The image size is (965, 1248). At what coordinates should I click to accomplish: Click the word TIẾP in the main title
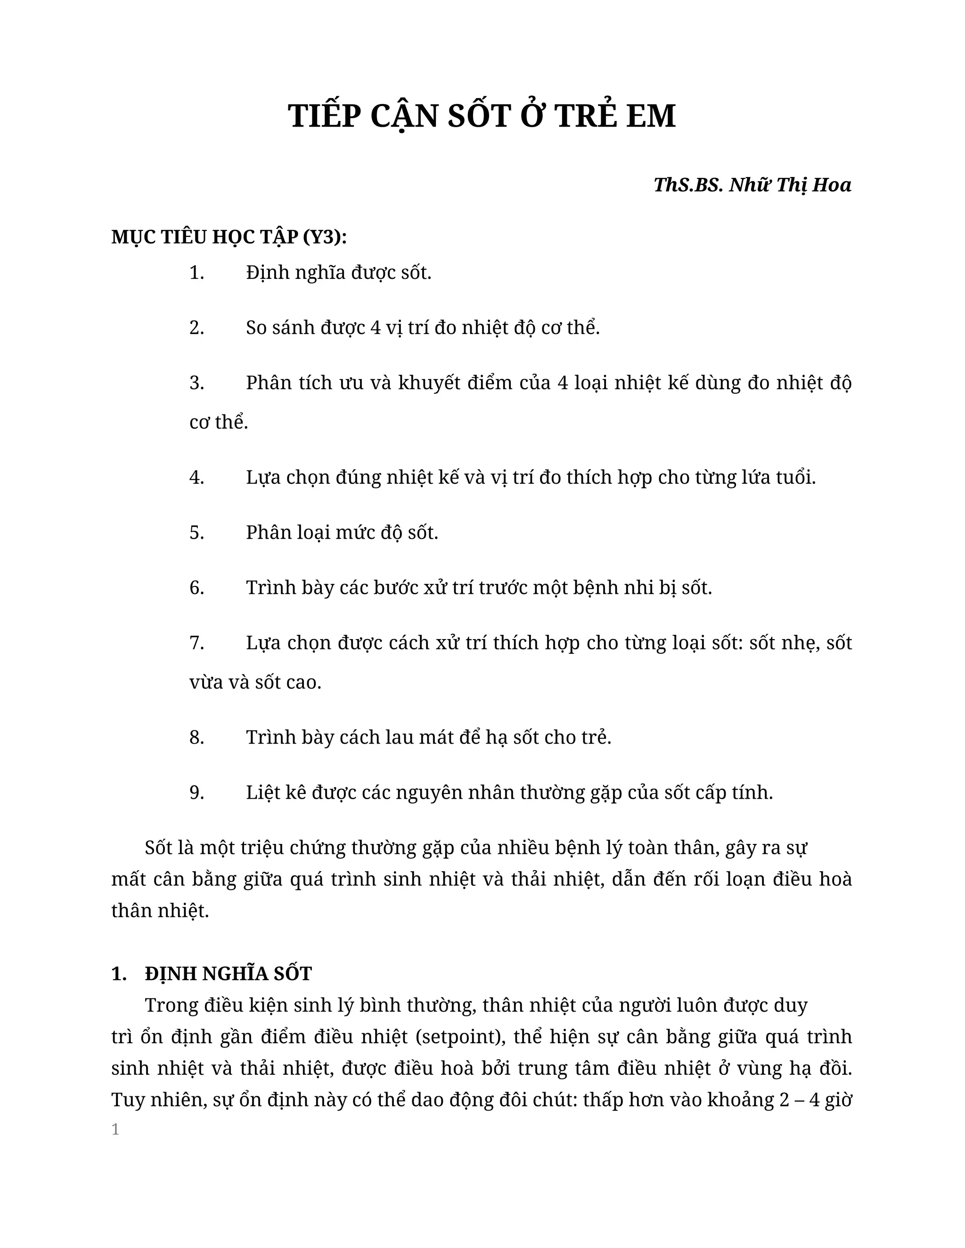(x=325, y=117)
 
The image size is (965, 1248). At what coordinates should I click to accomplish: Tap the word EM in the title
(x=651, y=117)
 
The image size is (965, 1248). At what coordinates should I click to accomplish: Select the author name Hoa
(x=832, y=185)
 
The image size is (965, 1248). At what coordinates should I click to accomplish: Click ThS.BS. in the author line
(x=688, y=185)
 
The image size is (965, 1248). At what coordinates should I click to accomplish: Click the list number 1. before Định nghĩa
(x=196, y=273)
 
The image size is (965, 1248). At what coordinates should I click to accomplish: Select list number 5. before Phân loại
(x=196, y=533)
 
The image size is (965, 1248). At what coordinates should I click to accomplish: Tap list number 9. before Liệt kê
(x=196, y=793)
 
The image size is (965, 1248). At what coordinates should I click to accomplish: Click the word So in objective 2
(x=257, y=328)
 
